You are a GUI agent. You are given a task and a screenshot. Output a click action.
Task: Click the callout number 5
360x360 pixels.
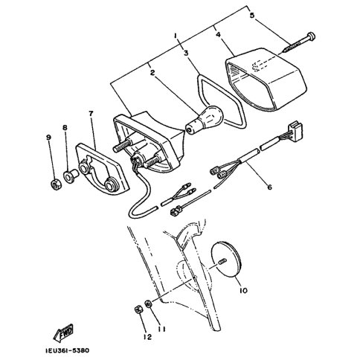click(252, 16)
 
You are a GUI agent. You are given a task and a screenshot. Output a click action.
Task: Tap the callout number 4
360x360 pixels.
click(218, 34)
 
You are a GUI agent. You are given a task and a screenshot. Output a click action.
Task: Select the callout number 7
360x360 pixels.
click(91, 114)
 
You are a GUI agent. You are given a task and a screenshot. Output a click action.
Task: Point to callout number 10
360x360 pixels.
click(243, 290)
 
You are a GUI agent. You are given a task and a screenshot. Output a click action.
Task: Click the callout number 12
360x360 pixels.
click(147, 337)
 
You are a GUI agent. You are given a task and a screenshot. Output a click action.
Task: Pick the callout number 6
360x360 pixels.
click(269, 187)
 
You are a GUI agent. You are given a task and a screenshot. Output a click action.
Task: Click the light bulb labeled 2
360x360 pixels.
click(205, 118)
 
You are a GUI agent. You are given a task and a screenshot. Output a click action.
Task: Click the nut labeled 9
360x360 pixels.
click(56, 184)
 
